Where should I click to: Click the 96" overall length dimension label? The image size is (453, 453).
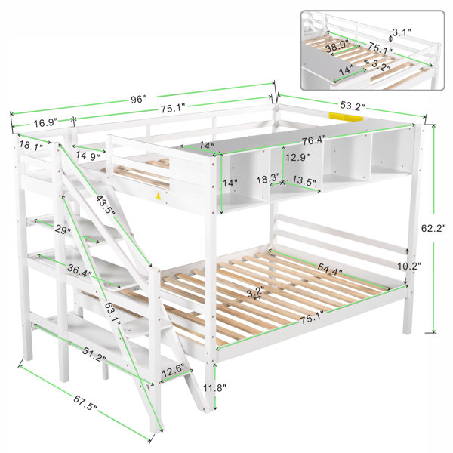[x=137, y=100]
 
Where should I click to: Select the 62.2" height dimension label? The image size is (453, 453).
[x=433, y=228]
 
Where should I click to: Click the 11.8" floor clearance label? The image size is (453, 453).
[x=214, y=387]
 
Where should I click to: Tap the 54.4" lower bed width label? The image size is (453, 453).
[x=330, y=270]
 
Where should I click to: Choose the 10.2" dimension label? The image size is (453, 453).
[x=409, y=266]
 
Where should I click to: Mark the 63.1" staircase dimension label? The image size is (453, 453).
[x=112, y=314]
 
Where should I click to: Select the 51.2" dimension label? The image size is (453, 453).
[x=94, y=354]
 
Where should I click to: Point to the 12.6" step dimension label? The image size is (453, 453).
[x=172, y=371]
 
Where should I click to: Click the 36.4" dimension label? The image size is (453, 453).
[x=80, y=270]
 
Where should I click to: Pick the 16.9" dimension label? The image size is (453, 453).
[x=45, y=122]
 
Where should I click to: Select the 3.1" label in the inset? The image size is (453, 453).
[x=402, y=32]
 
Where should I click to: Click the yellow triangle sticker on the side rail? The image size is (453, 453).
[x=158, y=196]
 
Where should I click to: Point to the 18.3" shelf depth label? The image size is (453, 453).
[x=268, y=177]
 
